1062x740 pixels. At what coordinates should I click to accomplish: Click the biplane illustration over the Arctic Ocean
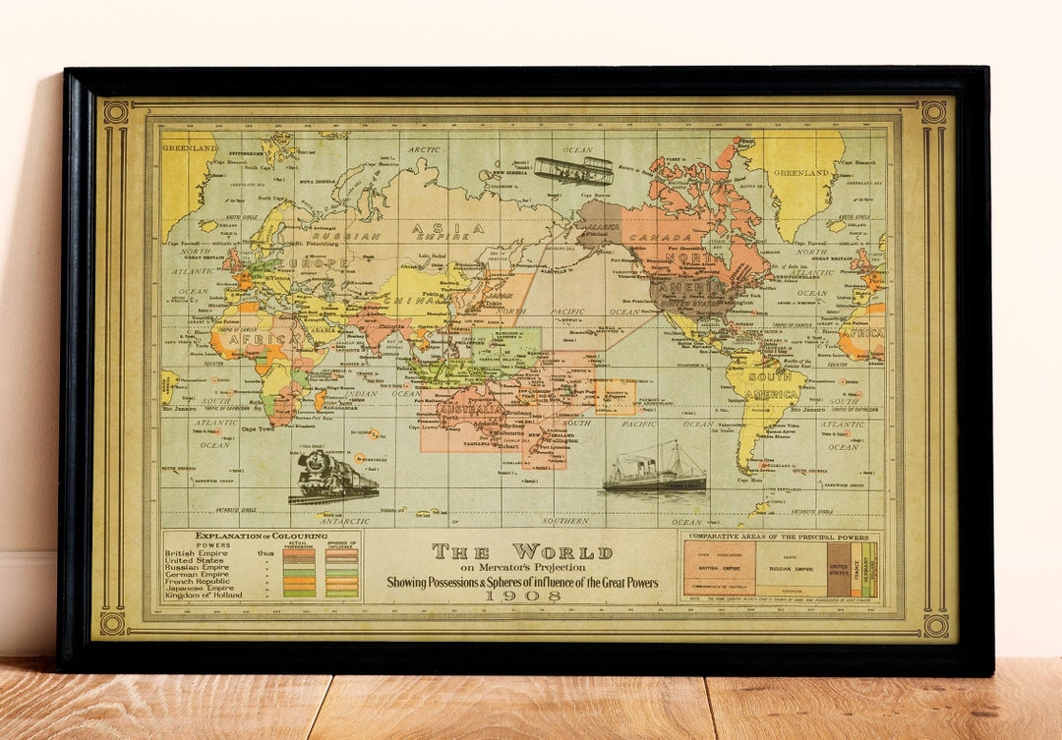click(x=573, y=170)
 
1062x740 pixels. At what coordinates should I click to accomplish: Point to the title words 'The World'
click(x=522, y=551)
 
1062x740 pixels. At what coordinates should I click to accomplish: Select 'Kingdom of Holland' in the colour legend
click(x=203, y=595)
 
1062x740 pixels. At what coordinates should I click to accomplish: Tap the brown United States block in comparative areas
click(x=838, y=570)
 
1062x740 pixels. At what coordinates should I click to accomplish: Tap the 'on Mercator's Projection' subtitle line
click(x=522, y=568)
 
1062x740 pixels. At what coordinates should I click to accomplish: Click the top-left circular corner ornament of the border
click(x=116, y=112)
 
